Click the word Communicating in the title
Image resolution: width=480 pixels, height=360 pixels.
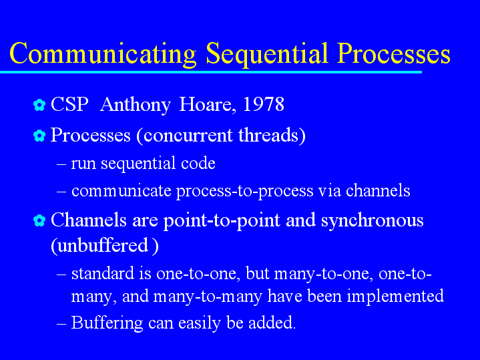(x=103, y=54)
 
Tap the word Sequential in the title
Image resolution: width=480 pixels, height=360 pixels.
(x=267, y=54)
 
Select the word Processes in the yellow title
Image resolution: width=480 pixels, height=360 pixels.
(x=394, y=53)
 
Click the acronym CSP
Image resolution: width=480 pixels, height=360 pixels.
(x=69, y=104)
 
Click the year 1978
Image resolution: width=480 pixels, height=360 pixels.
(x=263, y=104)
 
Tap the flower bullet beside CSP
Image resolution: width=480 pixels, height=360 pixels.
(x=39, y=105)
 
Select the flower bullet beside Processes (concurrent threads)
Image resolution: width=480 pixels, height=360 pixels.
(x=39, y=136)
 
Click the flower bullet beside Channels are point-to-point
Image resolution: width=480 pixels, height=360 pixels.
(x=39, y=220)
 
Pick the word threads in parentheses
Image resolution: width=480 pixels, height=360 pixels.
(x=268, y=135)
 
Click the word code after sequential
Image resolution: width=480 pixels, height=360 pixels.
(x=198, y=163)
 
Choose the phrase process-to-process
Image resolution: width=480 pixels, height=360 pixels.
(x=244, y=191)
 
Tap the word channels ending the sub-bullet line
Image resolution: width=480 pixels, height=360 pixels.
(x=378, y=190)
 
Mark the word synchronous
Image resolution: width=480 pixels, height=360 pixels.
(x=373, y=220)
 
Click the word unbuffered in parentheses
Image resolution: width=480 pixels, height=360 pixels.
(x=103, y=245)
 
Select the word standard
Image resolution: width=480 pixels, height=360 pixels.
(x=103, y=273)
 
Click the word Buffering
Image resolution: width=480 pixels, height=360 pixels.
(x=107, y=323)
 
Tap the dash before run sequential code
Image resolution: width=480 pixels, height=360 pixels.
(x=61, y=164)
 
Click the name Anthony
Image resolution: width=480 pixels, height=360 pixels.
(x=136, y=105)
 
